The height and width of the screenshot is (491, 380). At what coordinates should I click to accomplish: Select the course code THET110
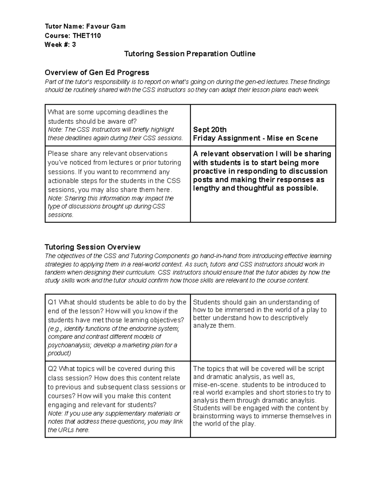tap(86, 36)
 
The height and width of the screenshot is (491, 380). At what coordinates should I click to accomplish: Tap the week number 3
tap(74, 45)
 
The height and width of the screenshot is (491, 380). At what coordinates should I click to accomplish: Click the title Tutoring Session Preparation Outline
tap(190, 54)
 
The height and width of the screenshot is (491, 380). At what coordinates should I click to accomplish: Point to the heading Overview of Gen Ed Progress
tap(97, 72)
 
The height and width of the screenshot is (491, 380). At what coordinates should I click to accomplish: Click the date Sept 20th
tap(210, 130)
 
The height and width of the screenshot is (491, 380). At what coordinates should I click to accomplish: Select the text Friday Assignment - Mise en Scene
tap(255, 138)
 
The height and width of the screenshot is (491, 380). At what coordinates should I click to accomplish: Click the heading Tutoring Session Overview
tap(92, 247)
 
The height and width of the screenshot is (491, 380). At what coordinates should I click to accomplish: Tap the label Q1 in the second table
tap(52, 302)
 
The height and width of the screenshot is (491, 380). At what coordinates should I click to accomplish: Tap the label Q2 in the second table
tap(52, 369)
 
